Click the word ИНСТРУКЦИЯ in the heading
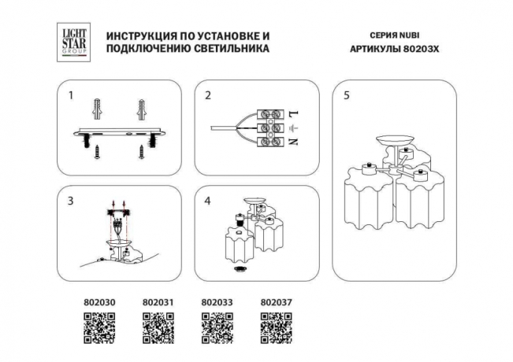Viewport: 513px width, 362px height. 141,36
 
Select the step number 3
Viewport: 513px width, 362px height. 70,201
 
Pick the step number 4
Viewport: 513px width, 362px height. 207,201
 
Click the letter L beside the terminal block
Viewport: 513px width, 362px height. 292,113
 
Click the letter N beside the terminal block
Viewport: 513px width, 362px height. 292,142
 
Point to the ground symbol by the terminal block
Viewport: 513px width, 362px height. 292,127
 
